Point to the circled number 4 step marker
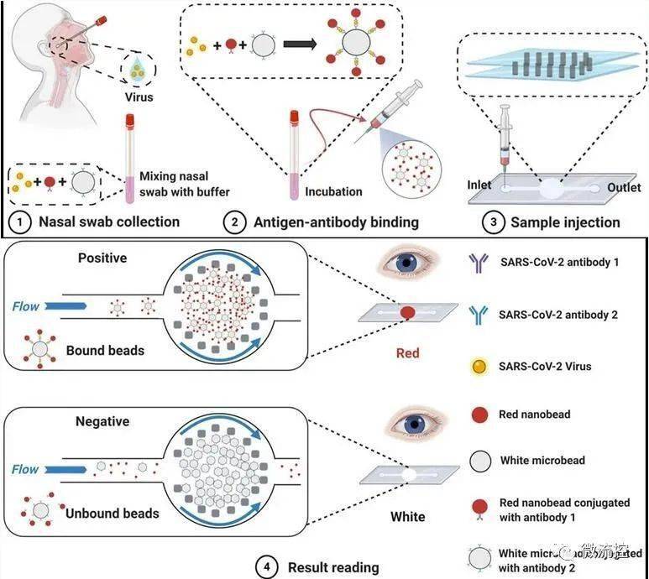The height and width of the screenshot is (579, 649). [x=268, y=567]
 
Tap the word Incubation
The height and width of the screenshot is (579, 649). [x=334, y=191]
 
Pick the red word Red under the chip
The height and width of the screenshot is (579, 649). [x=407, y=353]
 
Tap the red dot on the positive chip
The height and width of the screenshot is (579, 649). [x=408, y=312]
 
